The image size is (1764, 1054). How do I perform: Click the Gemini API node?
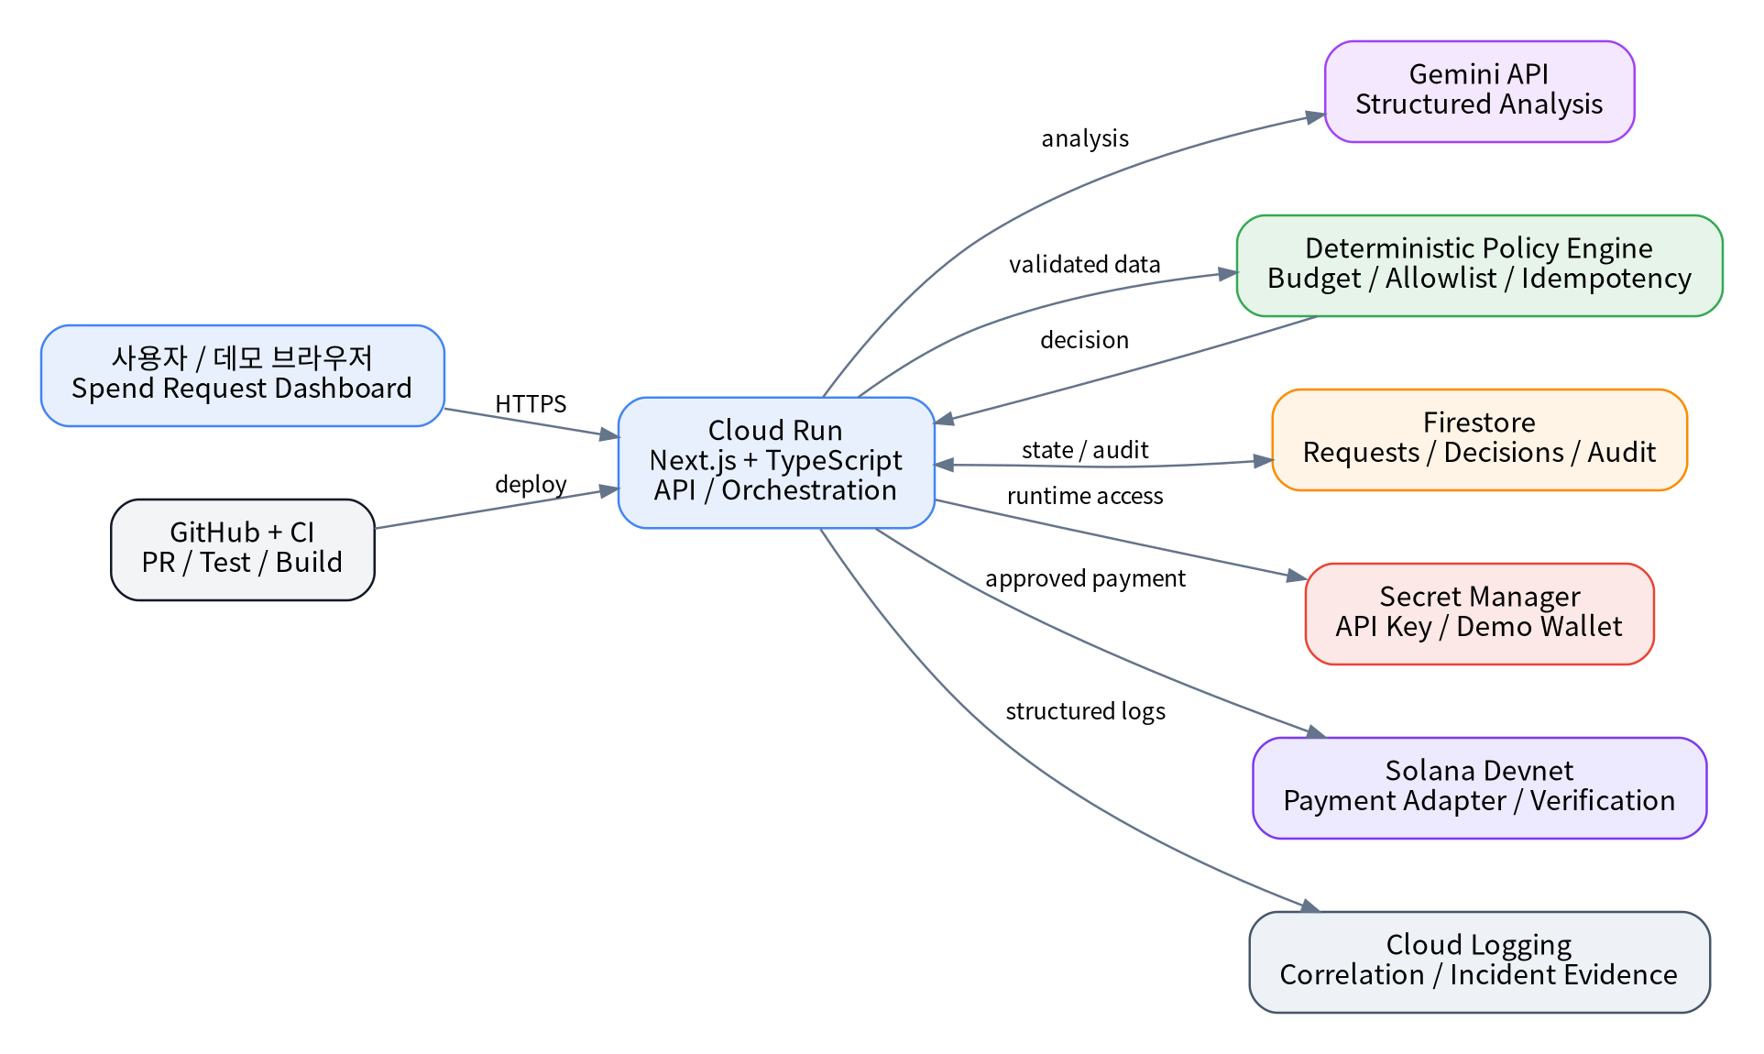(x=1479, y=92)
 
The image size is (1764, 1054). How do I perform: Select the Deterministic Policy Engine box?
(x=1479, y=266)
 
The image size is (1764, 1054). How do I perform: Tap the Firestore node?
(x=1479, y=440)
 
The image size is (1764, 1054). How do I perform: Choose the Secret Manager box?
(x=1479, y=614)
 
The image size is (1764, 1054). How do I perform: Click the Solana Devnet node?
(x=1479, y=788)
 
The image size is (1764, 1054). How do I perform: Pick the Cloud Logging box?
(x=1479, y=962)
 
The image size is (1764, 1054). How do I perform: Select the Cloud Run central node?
(x=776, y=463)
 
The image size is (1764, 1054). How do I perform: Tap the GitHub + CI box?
(x=243, y=550)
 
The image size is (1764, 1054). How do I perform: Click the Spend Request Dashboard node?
(x=243, y=376)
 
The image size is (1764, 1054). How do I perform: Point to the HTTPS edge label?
(x=531, y=404)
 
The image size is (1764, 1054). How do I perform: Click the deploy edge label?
(x=531, y=485)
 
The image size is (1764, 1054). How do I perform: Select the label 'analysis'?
(x=1085, y=138)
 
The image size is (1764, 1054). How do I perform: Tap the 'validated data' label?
(x=1085, y=265)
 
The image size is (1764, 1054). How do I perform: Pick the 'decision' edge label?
(x=1085, y=340)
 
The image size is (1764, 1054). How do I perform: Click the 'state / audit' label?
(x=1085, y=450)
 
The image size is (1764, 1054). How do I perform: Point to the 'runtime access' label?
(x=1085, y=496)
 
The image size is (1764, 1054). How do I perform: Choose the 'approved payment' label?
(x=1085, y=578)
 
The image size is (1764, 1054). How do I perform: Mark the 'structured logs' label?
(x=1085, y=711)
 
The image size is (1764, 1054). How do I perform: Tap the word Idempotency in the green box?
(x=1606, y=279)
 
